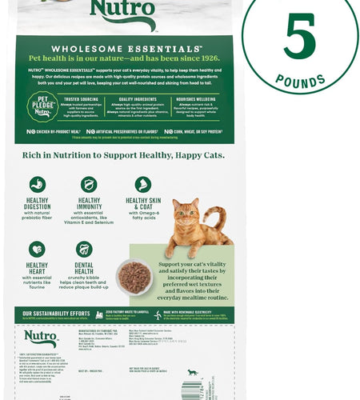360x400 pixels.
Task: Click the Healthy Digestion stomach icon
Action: (x=38, y=184)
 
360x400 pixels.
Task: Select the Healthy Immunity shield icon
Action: (x=89, y=184)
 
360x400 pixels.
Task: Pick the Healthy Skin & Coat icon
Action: (x=143, y=184)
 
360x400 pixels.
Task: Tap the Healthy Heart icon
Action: (x=37, y=249)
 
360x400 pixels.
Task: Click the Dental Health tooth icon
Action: (x=84, y=249)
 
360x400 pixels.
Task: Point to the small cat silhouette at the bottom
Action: (x=192, y=372)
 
